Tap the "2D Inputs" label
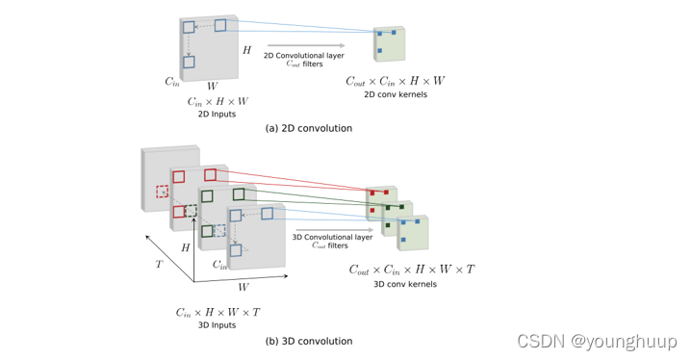pyautogui.click(x=216, y=114)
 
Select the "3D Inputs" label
pyautogui.click(x=217, y=324)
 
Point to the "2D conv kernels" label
pyautogui.click(x=395, y=95)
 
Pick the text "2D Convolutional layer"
pyautogui.click(x=304, y=55)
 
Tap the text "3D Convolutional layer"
pyautogui.click(x=331, y=235)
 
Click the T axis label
pyautogui.click(x=159, y=263)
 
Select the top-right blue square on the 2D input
pyautogui.click(x=220, y=24)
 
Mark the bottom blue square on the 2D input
pyautogui.click(x=189, y=63)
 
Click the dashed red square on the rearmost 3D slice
pyautogui.click(x=162, y=192)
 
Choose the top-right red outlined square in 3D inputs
pyautogui.click(x=210, y=174)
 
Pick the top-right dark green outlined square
pyautogui.click(x=238, y=194)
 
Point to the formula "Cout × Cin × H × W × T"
pyautogui.click(x=411, y=269)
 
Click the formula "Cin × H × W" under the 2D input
pyautogui.click(x=217, y=100)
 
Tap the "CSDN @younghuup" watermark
pyautogui.click(x=597, y=341)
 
